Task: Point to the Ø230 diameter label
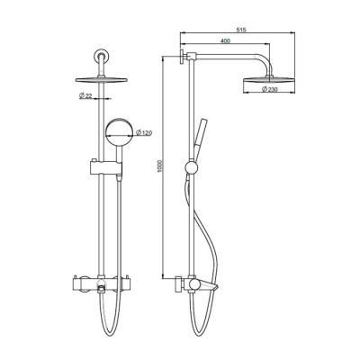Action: [x=268, y=91]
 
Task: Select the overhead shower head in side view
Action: [x=268, y=82]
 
